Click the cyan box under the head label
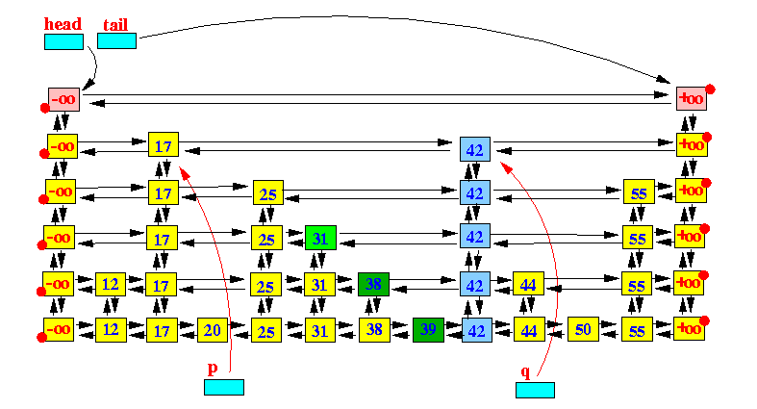pyautogui.click(x=63, y=41)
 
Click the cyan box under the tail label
pyautogui.click(x=116, y=41)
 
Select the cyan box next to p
pyautogui.click(x=224, y=387)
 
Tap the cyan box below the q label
pyautogui.click(x=535, y=390)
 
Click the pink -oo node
pyautogui.click(x=63, y=99)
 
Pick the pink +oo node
pyautogui.click(x=692, y=98)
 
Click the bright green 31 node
pyautogui.click(x=320, y=238)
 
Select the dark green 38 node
pyautogui.click(x=373, y=284)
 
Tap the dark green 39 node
pyautogui.click(x=428, y=330)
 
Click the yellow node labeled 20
pyautogui.click(x=213, y=330)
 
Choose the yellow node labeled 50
pyautogui.click(x=583, y=329)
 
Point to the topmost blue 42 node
pyautogui.click(x=475, y=149)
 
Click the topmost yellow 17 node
pyautogui.click(x=164, y=144)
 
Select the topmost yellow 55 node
pyautogui.click(x=639, y=192)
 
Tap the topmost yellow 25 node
pyautogui.click(x=268, y=192)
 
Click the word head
pyautogui.click(x=63, y=24)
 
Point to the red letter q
pyautogui.click(x=525, y=372)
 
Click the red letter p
pyautogui.click(x=213, y=369)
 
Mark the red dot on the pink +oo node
pyautogui.click(x=710, y=89)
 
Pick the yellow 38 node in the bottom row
pyautogui.click(x=374, y=330)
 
